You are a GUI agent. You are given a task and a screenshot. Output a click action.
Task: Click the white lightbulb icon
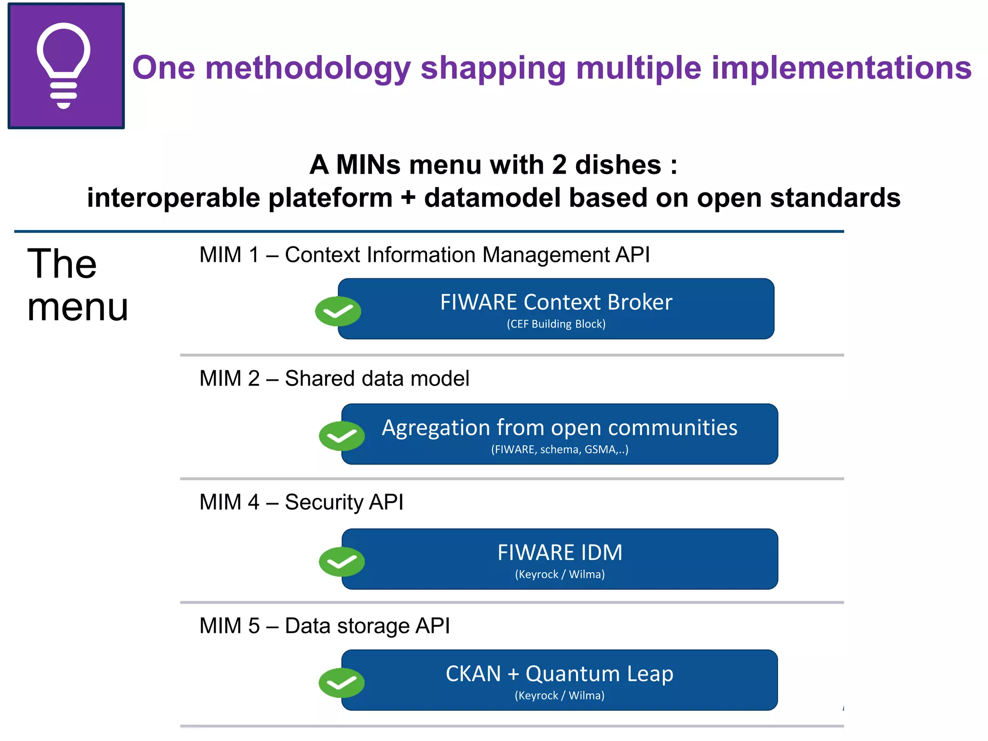click(x=64, y=65)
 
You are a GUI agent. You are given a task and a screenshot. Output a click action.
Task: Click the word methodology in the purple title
click(x=308, y=68)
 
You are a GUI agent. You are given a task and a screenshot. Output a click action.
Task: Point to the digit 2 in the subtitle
click(x=559, y=165)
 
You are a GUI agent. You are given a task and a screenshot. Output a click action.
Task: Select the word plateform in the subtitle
click(x=330, y=198)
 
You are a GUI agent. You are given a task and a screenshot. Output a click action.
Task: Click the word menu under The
click(x=78, y=307)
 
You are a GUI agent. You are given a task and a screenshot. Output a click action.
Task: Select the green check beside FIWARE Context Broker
click(x=338, y=311)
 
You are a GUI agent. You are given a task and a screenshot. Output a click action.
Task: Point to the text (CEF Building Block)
click(x=556, y=324)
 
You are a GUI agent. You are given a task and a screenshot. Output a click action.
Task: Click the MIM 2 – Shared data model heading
click(x=334, y=379)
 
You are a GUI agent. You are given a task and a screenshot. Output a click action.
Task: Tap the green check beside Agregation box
click(x=342, y=436)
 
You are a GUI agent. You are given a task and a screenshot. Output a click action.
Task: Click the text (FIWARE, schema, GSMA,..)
click(x=560, y=450)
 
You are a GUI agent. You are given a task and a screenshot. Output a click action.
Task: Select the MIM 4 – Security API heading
click(x=302, y=502)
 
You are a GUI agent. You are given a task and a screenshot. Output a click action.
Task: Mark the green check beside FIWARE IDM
click(x=342, y=562)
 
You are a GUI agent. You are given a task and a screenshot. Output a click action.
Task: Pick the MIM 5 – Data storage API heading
click(x=325, y=626)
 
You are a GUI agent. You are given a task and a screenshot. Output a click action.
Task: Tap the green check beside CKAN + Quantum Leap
click(x=342, y=683)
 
